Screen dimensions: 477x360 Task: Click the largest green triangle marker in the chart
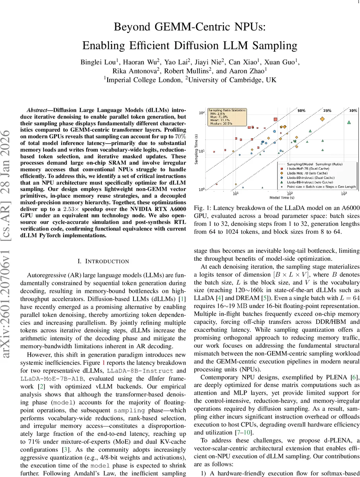349,122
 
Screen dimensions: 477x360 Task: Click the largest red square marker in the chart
275,119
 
